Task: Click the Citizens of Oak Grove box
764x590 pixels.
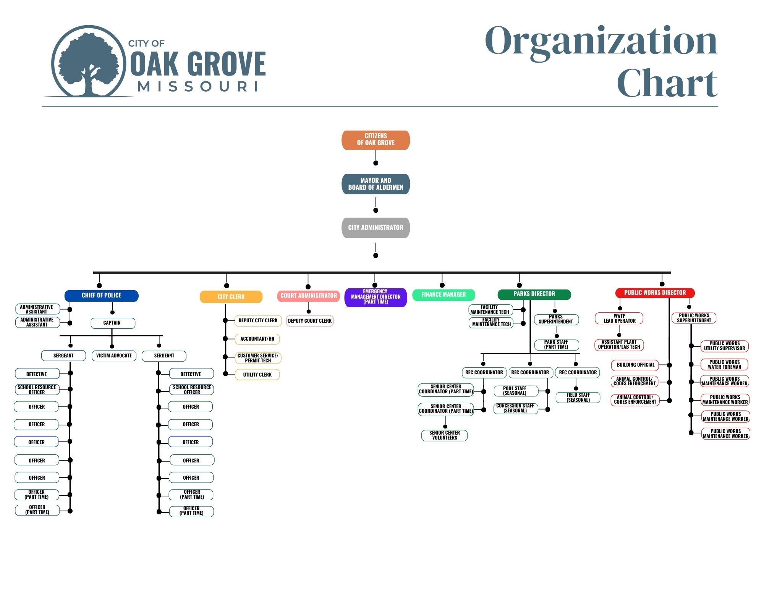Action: click(376, 140)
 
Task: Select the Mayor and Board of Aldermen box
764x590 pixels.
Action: click(376, 184)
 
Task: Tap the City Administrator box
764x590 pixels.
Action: click(376, 228)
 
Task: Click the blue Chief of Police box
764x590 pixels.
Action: click(101, 296)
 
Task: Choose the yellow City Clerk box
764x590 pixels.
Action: click(231, 297)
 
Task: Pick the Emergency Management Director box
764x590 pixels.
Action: click(376, 297)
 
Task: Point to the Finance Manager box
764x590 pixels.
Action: click(444, 295)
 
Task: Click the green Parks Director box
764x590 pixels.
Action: click(534, 294)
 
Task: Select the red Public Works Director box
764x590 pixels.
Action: click(655, 293)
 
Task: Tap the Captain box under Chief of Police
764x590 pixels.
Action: click(113, 323)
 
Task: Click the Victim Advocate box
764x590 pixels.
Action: click(114, 356)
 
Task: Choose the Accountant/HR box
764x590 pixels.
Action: click(257, 339)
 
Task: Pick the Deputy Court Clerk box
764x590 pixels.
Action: click(310, 321)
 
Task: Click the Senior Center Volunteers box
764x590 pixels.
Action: click(444, 435)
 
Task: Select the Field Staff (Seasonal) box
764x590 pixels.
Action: click(578, 398)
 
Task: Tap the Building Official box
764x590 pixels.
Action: click(635, 365)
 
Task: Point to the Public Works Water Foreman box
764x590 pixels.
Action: click(724, 365)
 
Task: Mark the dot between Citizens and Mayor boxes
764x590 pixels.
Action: click(376, 163)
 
